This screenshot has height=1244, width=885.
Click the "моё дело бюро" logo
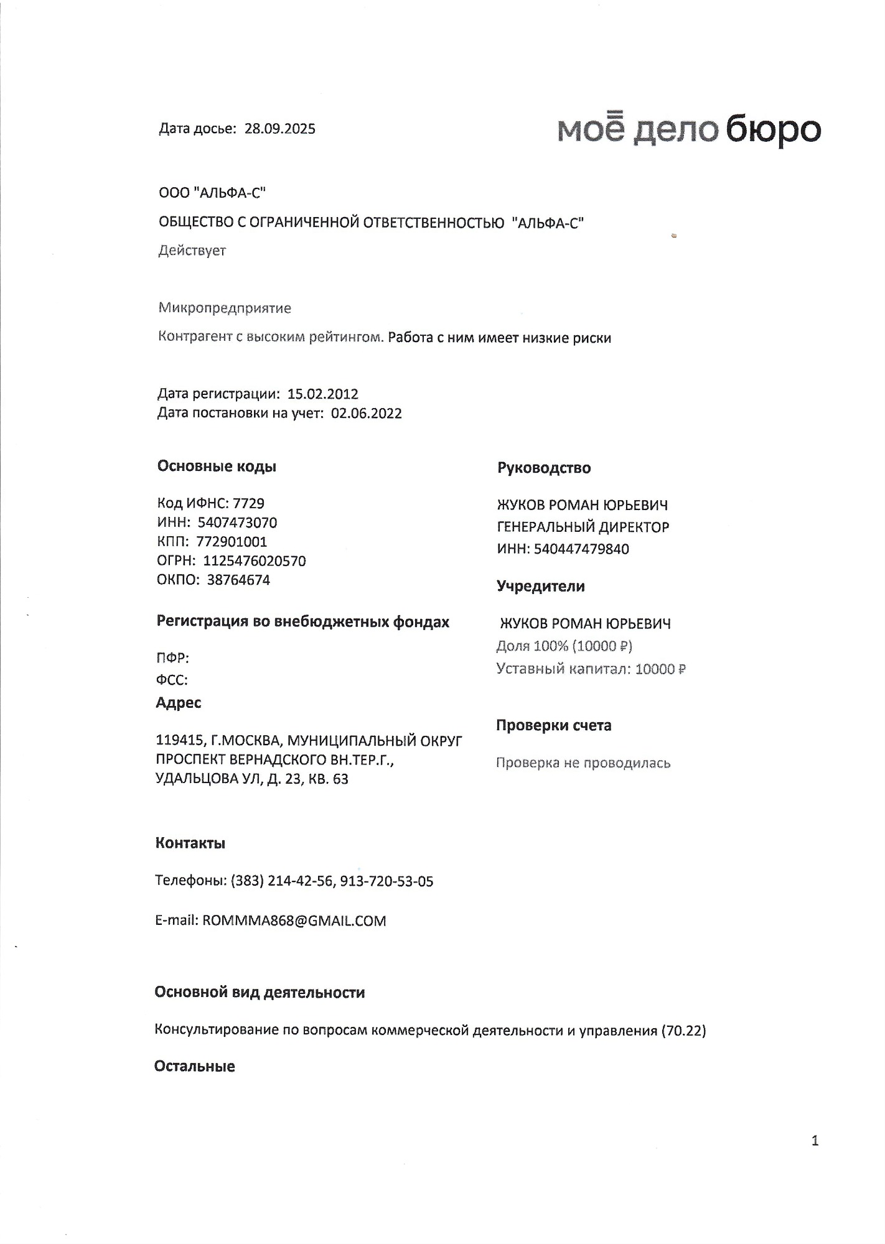point(688,129)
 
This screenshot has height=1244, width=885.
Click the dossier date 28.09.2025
point(280,129)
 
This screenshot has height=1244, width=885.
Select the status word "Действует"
point(192,251)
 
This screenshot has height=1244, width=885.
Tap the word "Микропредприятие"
point(225,308)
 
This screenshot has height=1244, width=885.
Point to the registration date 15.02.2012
point(322,394)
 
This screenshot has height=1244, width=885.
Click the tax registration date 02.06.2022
point(366,414)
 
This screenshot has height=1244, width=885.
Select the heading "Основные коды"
point(217,466)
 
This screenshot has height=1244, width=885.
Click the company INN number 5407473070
point(237,522)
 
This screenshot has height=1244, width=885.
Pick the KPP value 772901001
point(232,542)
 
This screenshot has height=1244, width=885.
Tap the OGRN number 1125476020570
point(255,561)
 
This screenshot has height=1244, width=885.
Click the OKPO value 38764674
point(238,580)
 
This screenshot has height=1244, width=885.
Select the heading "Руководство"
point(543,468)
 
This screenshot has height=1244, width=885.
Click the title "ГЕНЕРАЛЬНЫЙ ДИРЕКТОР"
point(583,527)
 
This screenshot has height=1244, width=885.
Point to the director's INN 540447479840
point(581,549)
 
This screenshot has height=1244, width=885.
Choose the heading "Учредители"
point(540,586)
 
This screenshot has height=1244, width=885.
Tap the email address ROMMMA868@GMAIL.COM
point(294,921)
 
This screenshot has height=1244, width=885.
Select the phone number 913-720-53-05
point(386,881)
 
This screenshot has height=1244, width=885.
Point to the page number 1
point(815,1140)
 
